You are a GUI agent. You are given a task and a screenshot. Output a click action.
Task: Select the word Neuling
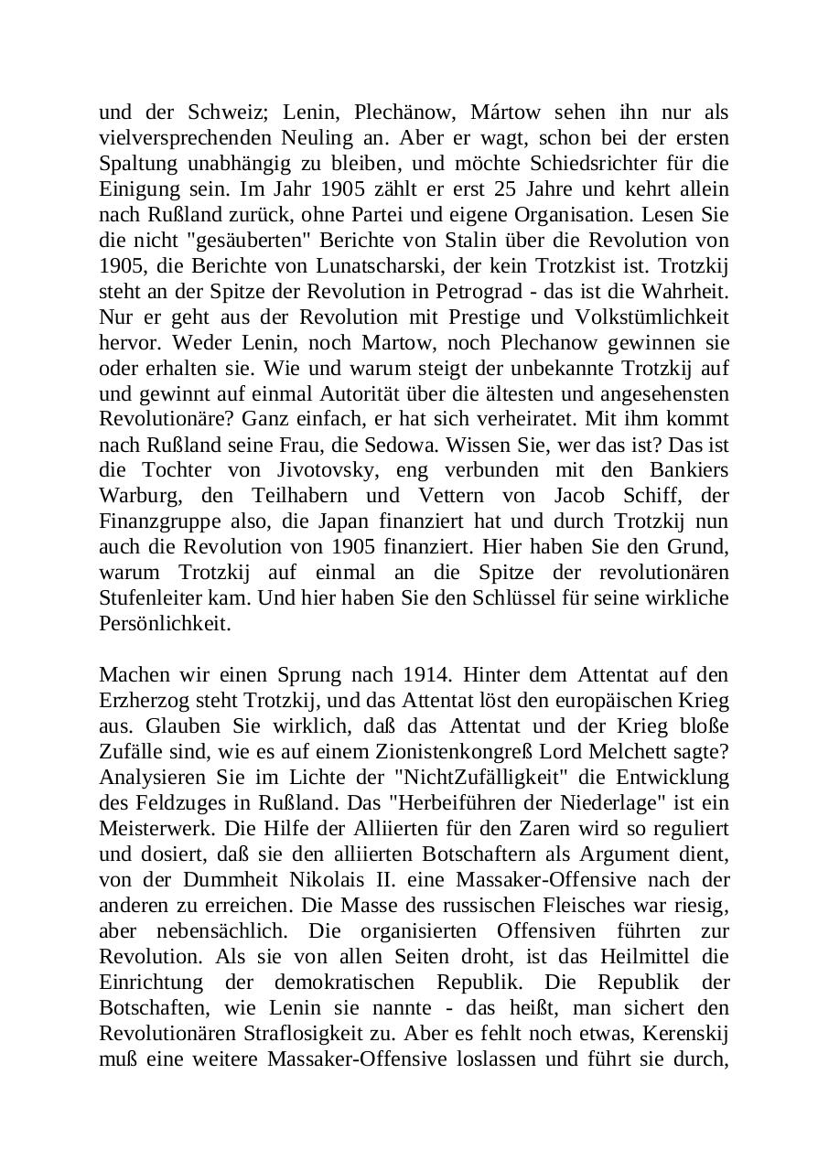(x=320, y=138)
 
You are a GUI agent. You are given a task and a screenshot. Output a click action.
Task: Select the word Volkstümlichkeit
(x=655, y=317)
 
